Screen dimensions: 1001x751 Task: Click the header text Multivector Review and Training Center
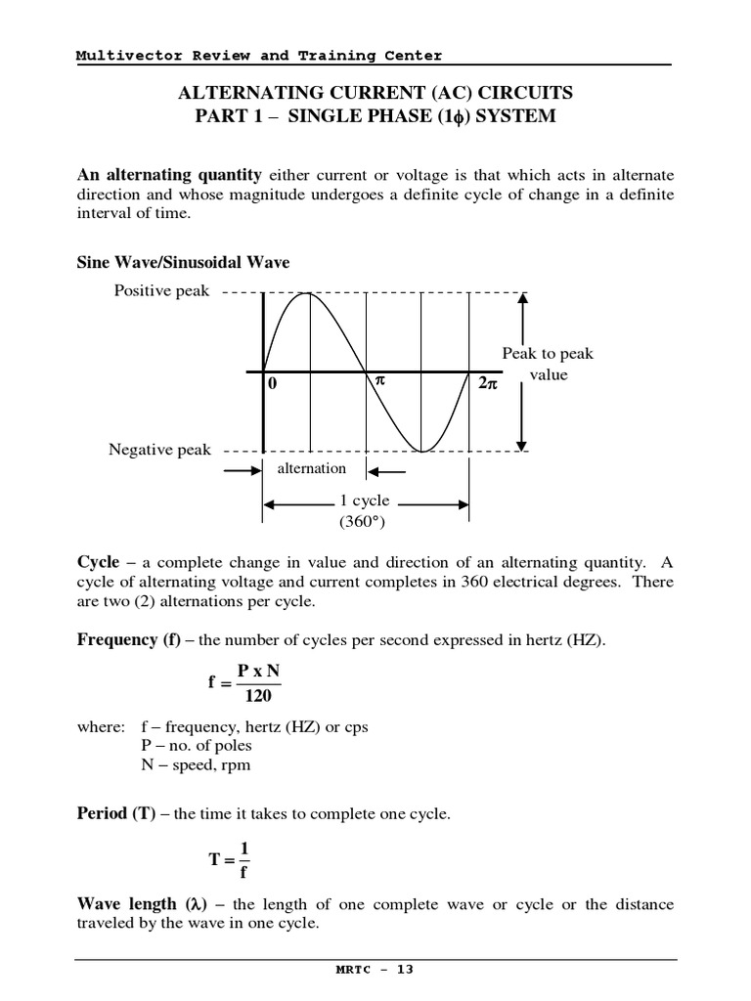pyautogui.click(x=259, y=56)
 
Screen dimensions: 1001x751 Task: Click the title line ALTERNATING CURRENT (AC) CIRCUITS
pyautogui.click(x=375, y=93)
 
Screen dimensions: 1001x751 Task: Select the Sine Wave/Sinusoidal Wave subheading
pyautogui.click(x=183, y=263)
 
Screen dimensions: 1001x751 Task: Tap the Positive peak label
pyautogui.click(x=161, y=291)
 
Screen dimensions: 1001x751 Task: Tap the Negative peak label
pyautogui.click(x=159, y=450)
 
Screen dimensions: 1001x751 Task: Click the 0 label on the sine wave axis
pyautogui.click(x=273, y=384)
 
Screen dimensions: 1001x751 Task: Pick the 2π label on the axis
pyautogui.click(x=488, y=384)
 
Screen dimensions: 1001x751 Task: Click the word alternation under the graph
pyautogui.click(x=312, y=468)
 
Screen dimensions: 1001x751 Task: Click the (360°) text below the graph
pyautogui.click(x=363, y=522)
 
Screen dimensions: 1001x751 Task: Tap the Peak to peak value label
pyautogui.click(x=548, y=364)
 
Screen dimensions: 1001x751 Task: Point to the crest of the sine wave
pyautogui.click(x=311, y=293)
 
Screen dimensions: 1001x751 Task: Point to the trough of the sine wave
pyautogui.click(x=421, y=451)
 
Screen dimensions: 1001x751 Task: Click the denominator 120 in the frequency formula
pyautogui.click(x=259, y=696)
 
